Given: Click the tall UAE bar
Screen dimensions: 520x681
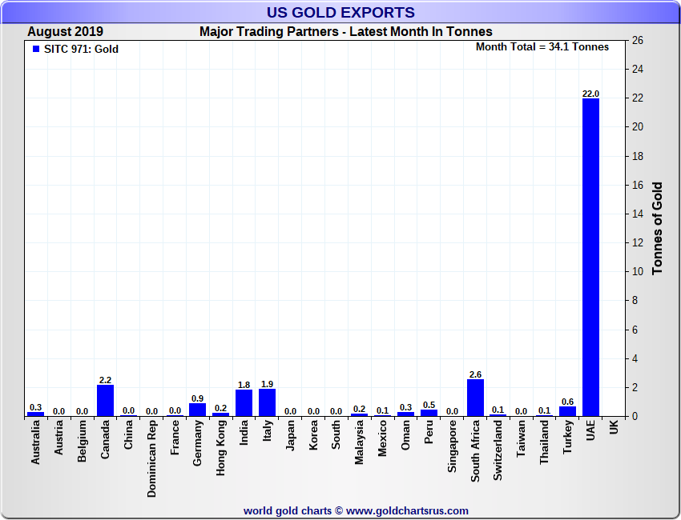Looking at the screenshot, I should pyautogui.click(x=590, y=256).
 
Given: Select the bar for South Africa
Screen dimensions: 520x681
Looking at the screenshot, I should pyautogui.click(x=475, y=398).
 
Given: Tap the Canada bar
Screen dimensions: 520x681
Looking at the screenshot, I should pyautogui.click(x=105, y=400).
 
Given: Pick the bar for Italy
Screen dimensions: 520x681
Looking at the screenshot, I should pyautogui.click(x=268, y=402).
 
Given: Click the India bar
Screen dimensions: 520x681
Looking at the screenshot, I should pyautogui.click(x=244, y=403).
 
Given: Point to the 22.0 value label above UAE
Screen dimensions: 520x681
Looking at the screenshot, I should pyautogui.click(x=590, y=94).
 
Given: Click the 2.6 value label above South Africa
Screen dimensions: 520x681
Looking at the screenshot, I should pyautogui.click(x=475, y=374).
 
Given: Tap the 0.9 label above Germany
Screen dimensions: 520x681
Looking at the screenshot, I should pyautogui.click(x=197, y=398).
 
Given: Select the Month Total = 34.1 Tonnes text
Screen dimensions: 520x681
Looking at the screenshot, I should pyautogui.click(x=542, y=47).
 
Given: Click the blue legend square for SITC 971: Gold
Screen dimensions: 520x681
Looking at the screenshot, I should pyautogui.click(x=35, y=49).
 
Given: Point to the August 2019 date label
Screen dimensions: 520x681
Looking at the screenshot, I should pyautogui.click(x=65, y=32).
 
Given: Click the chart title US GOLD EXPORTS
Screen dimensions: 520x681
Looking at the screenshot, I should pyautogui.click(x=340, y=12).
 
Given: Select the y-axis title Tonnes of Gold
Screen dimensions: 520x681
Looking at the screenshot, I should pyautogui.click(x=657, y=228).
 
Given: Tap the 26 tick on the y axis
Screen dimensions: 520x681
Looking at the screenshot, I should pyautogui.click(x=638, y=41).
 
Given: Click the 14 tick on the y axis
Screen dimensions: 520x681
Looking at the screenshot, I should pyautogui.click(x=638, y=214).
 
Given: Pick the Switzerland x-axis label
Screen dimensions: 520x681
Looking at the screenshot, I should pyautogui.click(x=498, y=451).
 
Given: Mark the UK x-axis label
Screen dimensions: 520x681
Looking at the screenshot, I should pyautogui.click(x=614, y=428).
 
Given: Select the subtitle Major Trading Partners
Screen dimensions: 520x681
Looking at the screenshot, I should pyautogui.click(x=345, y=32).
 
